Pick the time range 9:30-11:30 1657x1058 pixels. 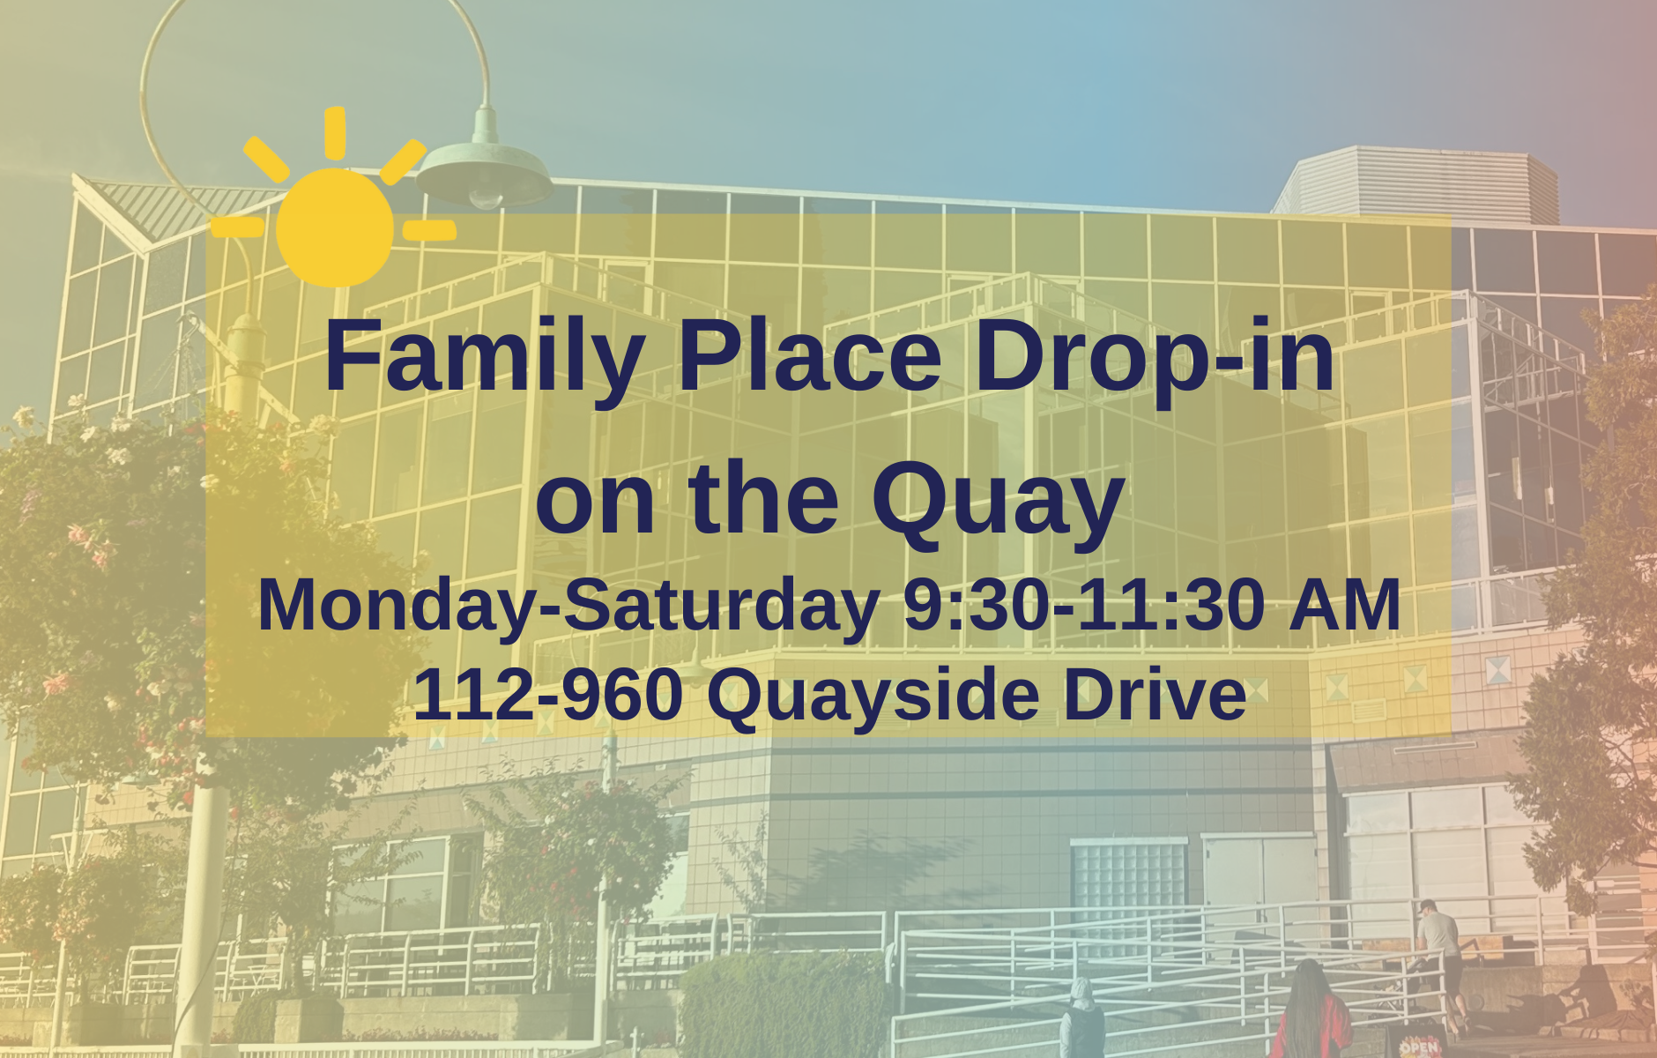pos(1084,605)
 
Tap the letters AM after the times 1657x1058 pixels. pos(1344,605)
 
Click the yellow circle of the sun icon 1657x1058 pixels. pos(335,227)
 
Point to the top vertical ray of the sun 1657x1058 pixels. pos(335,133)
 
